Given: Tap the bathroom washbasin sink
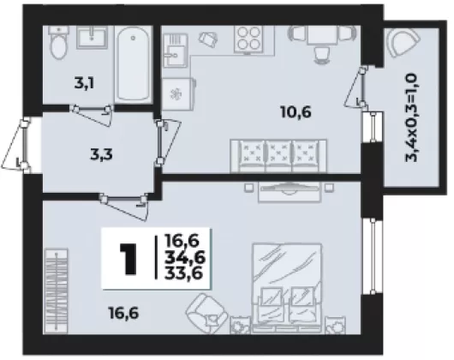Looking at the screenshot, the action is (x=92, y=37).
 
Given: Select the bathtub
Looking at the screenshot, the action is (x=134, y=63).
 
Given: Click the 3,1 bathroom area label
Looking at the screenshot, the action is (x=85, y=83).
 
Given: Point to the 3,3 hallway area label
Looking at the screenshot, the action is (x=101, y=154).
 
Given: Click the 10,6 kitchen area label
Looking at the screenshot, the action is (x=296, y=111).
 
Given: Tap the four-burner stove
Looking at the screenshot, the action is (x=248, y=39).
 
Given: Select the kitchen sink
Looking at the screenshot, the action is (x=175, y=51).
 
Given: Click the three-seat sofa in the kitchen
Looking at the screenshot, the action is (x=278, y=156).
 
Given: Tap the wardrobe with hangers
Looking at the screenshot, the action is (x=57, y=291).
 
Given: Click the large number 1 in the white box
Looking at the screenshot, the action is (x=128, y=258).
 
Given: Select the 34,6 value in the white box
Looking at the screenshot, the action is (x=185, y=257).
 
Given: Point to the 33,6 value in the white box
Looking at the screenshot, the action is (x=183, y=273).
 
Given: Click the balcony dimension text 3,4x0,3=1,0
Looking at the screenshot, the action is (x=411, y=117).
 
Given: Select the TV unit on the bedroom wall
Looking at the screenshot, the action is (x=290, y=191).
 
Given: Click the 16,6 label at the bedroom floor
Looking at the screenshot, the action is (x=123, y=313).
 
